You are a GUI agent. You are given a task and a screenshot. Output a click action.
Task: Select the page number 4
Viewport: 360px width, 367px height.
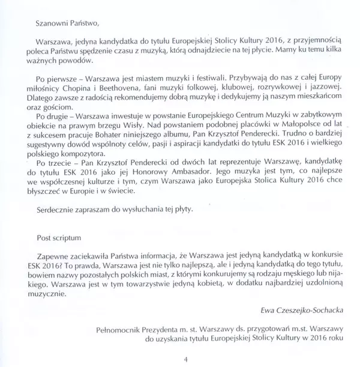tap(186, 359)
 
